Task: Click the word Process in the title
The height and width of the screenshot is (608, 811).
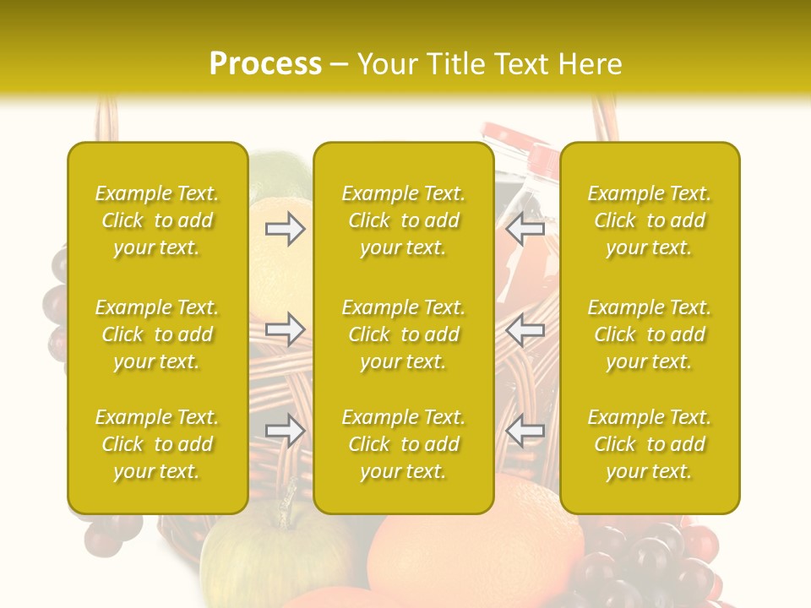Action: pos(265,64)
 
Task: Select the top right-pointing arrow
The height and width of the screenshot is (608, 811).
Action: pos(285,229)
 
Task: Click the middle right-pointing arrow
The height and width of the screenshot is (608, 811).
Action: pos(285,328)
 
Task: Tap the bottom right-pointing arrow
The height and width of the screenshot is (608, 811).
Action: pos(285,431)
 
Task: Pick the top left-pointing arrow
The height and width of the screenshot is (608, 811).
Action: pos(525,229)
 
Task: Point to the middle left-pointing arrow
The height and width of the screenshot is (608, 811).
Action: pos(525,328)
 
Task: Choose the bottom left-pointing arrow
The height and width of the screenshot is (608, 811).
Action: pos(525,431)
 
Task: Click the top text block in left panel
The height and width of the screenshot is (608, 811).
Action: pos(157,220)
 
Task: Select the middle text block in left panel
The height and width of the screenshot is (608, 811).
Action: pos(157,334)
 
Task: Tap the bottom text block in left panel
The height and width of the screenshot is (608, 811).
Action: pos(157,444)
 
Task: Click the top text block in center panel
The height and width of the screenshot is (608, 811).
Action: pos(403,220)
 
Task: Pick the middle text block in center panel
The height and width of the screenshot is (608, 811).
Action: pos(403,334)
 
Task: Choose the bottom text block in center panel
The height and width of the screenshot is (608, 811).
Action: pos(403,444)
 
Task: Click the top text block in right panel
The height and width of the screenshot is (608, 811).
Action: pos(649,220)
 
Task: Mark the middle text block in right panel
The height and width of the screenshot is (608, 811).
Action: pos(649,334)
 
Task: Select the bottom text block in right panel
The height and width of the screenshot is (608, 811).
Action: pos(649,444)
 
